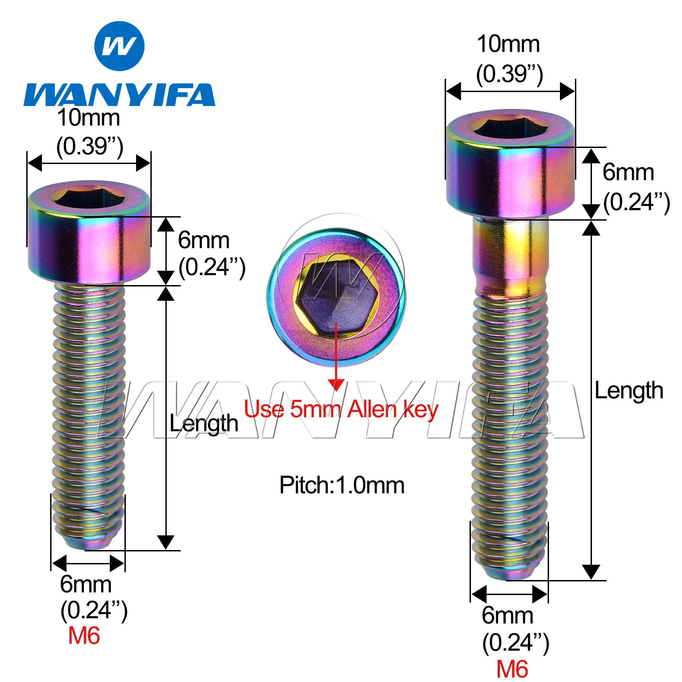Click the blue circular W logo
point(119,46)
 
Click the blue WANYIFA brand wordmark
point(119,94)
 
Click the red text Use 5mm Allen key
point(341,410)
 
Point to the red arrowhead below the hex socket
point(336,385)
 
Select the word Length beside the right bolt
point(629,390)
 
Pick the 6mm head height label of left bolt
point(204,240)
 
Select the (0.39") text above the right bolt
point(509,74)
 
